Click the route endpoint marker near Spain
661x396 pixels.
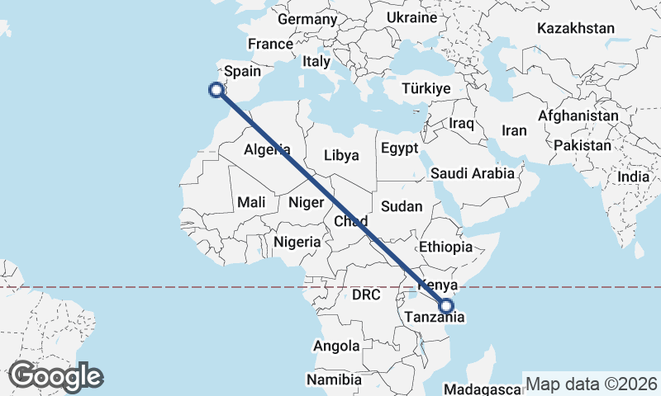point(216,90)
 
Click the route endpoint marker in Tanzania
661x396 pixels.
point(446,306)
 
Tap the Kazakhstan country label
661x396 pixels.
point(575,29)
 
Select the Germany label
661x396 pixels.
point(307,19)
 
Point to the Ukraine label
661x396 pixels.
point(411,17)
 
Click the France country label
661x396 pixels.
point(270,45)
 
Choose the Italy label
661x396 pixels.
point(316,61)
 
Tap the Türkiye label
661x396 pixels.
point(426,89)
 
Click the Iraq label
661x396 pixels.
point(461,124)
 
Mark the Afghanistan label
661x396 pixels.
point(578,116)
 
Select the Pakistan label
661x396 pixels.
point(583,145)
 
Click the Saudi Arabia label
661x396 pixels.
point(472,173)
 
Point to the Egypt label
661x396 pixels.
point(400,148)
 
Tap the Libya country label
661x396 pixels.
point(341,155)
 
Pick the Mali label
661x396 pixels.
point(251,201)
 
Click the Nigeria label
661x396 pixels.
point(297,242)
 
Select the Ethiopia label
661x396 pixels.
point(445,247)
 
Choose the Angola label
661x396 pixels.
point(336,346)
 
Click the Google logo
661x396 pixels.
point(55,376)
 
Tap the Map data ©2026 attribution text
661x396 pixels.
point(592,384)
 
